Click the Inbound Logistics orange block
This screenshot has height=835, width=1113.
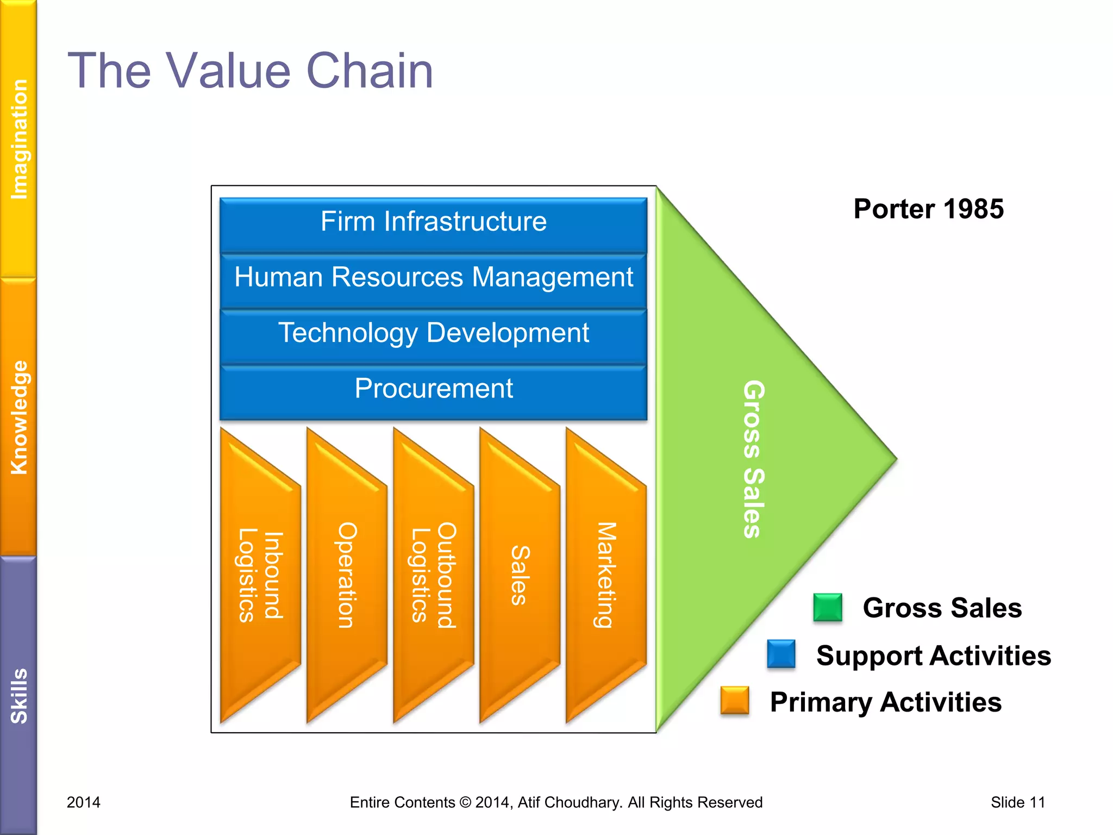coord(260,576)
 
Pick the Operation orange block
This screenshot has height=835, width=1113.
coord(347,576)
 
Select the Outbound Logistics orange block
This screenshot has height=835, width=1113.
coord(433,576)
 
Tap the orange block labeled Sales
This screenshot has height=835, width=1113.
coord(520,576)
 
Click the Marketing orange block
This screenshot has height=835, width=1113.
coord(606,576)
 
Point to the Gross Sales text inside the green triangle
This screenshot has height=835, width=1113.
coord(754,459)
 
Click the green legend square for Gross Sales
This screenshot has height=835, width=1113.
coord(827,608)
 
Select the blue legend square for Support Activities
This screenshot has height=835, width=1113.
coord(781,654)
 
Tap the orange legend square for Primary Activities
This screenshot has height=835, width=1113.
coord(734,700)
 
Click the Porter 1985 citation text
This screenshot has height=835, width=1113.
coord(928,209)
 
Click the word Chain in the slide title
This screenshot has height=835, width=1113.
coord(370,71)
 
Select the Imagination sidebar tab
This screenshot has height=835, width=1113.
coord(18,139)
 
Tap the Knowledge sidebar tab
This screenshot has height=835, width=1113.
coord(18,417)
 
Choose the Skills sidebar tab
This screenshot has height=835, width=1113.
coord(18,696)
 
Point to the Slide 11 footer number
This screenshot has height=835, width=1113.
coord(1017,802)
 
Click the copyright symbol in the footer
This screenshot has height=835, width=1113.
coord(465,802)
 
